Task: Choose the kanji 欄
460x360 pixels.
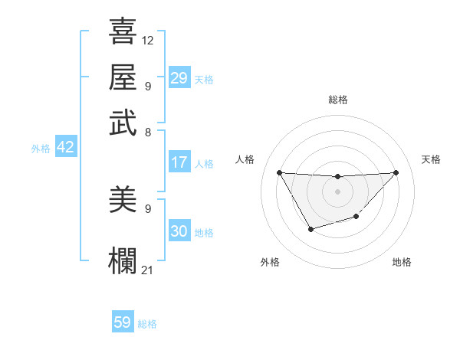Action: pos(123,259)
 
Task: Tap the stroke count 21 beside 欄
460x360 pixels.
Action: pos(148,270)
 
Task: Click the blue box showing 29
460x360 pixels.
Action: pos(179,78)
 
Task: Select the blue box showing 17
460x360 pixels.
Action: pos(179,162)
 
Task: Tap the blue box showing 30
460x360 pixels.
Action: pos(179,231)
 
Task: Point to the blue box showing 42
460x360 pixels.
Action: pos(65,147)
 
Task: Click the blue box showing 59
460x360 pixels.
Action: pos(122,322)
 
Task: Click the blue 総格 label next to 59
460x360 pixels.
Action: pos(147,324)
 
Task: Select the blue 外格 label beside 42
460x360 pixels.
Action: pos(41,149)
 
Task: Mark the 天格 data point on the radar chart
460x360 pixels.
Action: pos(396,172)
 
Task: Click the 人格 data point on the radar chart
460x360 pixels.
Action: pos(279,172)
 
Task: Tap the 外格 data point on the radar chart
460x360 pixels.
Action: pos(310,229)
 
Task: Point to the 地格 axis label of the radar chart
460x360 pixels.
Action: pos(402,262)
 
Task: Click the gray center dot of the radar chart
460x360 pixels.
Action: pos(337,191)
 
